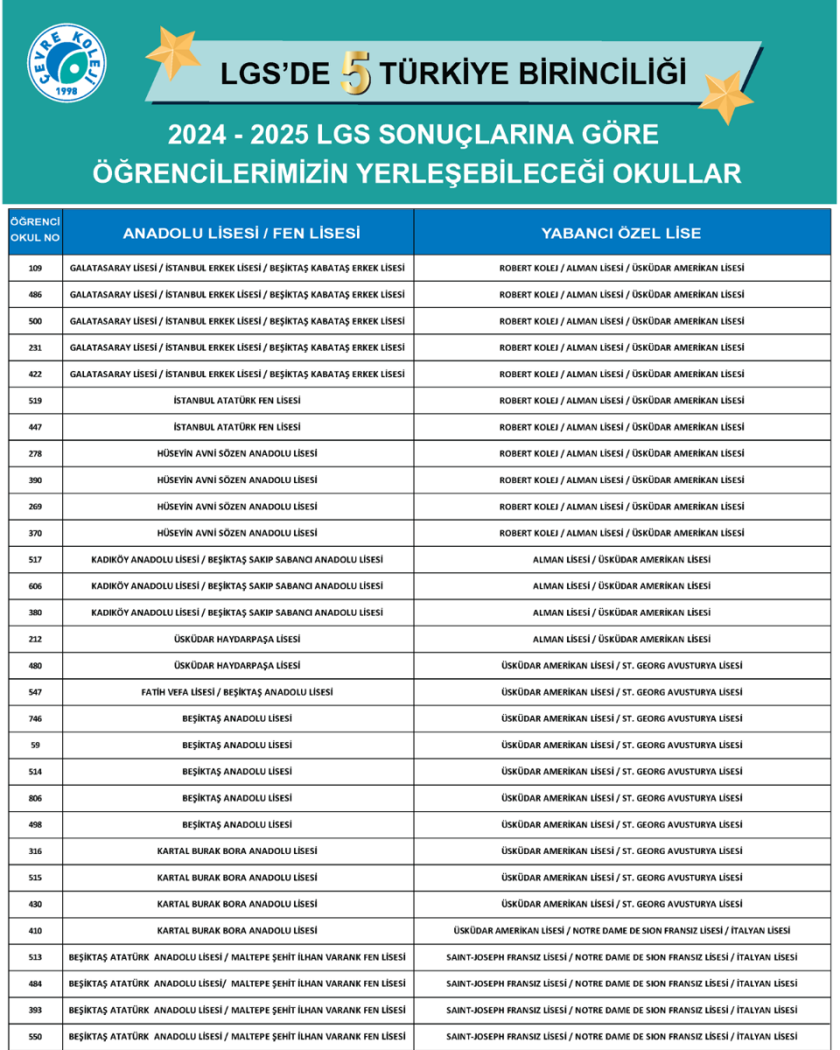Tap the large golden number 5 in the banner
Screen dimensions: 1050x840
click(x=356, y=73)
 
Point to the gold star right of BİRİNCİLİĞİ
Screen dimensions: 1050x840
click(x=724, y=94)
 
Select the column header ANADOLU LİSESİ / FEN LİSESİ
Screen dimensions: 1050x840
click(x=241, y=234)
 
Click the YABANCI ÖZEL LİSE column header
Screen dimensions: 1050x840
click(x=621, y=234)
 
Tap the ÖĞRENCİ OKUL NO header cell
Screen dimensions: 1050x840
click(x=35, y=229)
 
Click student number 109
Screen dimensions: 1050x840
click(x=35, y=269)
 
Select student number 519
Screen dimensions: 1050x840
click(x=35, y=401)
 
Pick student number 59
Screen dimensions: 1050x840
click(x=35, y=745)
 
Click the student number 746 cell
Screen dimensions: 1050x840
click(x=35, y=719)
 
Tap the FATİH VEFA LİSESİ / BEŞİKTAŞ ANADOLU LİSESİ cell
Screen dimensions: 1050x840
click(x=237, y=692)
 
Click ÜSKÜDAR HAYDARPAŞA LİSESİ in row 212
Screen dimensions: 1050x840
click(x=237, y=640)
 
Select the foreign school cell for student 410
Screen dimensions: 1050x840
click(x=621, y=931)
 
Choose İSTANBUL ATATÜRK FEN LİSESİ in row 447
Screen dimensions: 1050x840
click(x=237, y=427)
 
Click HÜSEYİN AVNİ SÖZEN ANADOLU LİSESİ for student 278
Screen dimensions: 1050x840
click(x=237, y=454)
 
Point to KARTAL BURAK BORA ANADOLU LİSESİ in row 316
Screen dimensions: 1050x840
click(x=237, y=851)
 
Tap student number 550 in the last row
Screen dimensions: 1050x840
click(x=35, y=1037)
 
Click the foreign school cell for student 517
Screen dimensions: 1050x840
click(x=621, y=560)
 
